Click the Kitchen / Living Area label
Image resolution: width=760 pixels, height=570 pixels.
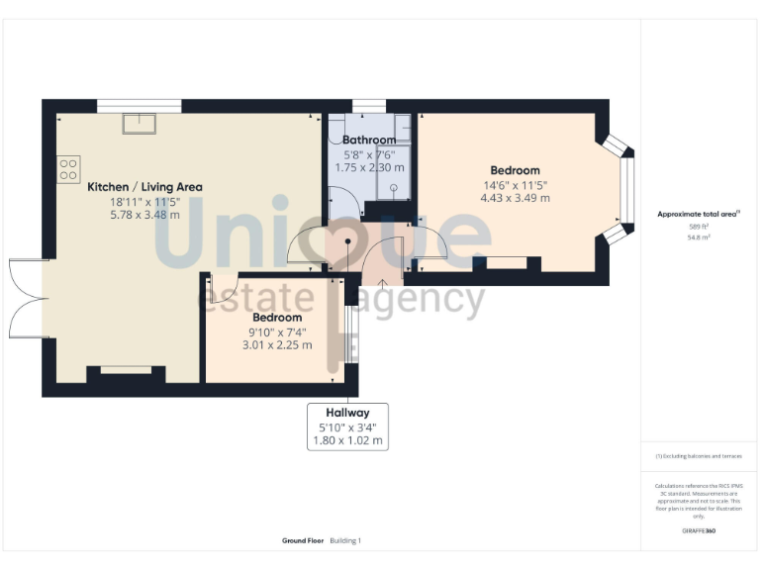pos(144,187)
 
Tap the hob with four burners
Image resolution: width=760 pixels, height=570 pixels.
pos(68,169)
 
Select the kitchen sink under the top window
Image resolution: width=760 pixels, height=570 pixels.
pos(138,123)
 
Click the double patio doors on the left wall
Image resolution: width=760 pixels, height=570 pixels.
pos(27,298)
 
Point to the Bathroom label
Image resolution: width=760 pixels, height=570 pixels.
pos(368,141)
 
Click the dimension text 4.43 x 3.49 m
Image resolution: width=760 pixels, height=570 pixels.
pos(516,198)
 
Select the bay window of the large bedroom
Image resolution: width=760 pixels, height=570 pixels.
pos(621,190)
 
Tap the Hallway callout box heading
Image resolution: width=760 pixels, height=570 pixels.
pos(346,413)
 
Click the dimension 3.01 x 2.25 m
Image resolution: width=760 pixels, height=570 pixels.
pos(276,345)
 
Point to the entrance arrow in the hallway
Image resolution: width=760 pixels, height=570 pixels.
pos(383,286)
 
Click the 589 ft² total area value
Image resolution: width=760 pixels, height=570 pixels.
pos(699,227)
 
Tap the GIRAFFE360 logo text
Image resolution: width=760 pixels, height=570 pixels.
pos(699,531)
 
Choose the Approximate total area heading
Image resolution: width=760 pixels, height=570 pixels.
pos(699,214)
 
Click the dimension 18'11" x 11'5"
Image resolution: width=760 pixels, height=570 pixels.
pos(144,201)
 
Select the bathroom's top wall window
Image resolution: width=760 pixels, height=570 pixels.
pos(368,105)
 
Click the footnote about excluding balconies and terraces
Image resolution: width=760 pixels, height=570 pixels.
pos(699,456)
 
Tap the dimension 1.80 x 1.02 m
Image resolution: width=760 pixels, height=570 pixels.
pos(346,440)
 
